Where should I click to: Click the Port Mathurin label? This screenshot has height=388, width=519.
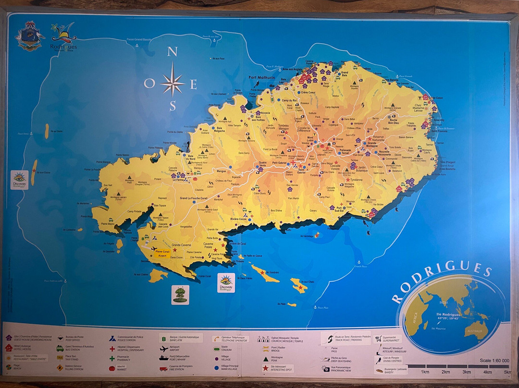tap(261, 77)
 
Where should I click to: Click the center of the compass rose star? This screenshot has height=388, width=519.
tap(172, 83)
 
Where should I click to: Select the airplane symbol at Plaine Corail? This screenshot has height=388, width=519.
tap(154, 249)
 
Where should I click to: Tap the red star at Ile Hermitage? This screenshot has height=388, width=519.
tap(317, 235)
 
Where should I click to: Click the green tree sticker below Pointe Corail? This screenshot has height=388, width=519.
tap(180, 294)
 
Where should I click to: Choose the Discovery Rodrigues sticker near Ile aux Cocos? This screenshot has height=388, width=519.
tap(21, 180)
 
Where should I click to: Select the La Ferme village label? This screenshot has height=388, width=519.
tap(178, 180)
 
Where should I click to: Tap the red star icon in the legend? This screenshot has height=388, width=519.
tap(265, 368)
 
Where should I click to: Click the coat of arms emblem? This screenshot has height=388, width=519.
tap(30, 36)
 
